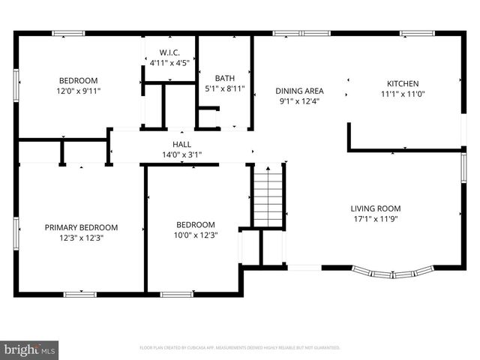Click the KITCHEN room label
click(x=402, y=83)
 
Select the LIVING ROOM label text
click(x=375, y=208)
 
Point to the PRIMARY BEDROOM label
click(x=81, y=227)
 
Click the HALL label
click(x=181, y=144)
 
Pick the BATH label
click(x=224, y=78)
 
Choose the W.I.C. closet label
click(x=169, y=52)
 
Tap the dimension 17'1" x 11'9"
click(x=375, y=220)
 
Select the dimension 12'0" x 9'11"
click(x=79, y=91)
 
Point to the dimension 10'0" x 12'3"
click(x=195, y=235)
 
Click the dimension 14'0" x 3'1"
click(x=181, y=154)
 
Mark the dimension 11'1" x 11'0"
click(x=402, y=94)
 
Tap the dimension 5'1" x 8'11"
click(x=224, y=88)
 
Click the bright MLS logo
click(x=30, y=349)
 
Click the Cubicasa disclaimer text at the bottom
click(x=240, y=348)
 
